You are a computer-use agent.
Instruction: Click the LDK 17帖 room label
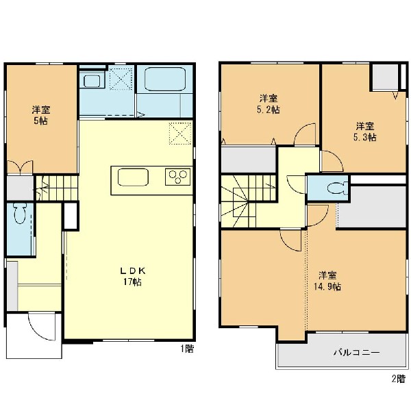click(x=133, y=276)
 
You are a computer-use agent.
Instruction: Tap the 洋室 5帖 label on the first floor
click(x=41, y=115)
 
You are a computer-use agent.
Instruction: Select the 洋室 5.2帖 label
click(x=269, y=104)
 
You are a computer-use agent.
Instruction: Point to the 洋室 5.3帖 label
click(x=364, y=132)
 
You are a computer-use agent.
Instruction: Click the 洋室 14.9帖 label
click(x=327, y=281)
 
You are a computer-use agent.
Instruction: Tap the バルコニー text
click(x=356, y=352)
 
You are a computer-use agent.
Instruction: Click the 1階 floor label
click(x=187, y=349)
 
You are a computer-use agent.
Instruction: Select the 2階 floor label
click(x=399, y=379)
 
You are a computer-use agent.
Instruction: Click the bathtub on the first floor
click(x=165, y=79)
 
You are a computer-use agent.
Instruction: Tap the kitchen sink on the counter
click(x=133, y=177)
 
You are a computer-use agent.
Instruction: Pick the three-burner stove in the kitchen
click(x=177, y=177)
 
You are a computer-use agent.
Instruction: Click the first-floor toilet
click(x=20, y=214)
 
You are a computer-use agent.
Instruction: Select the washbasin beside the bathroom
click(x=92, y=81)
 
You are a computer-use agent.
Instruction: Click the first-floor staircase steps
click(x=57, y=188)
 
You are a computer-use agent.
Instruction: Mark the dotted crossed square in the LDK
click(x=181, y=133)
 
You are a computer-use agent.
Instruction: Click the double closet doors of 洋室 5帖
click(x=20, y=167)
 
